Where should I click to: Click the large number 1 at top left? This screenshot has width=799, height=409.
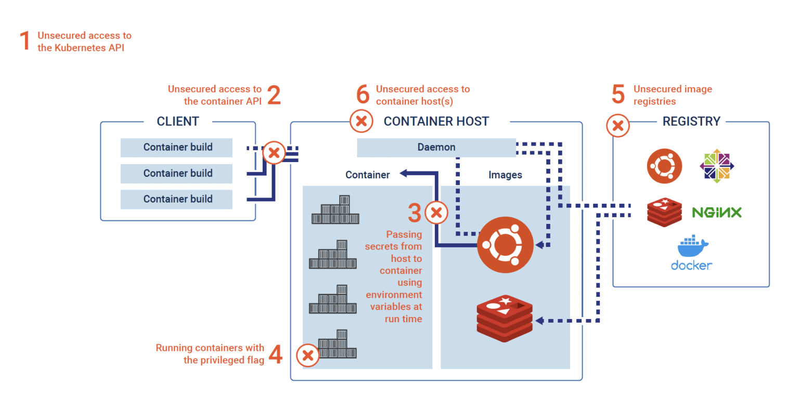pos(25,41)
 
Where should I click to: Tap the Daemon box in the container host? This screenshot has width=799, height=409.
pos(436,148)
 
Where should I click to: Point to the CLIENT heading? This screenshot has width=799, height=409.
pos(178,122)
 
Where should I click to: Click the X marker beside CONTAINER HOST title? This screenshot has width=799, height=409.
pos(361,121)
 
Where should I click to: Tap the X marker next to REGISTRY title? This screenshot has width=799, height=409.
pos(618,126)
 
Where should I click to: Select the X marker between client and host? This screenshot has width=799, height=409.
pos(274,153)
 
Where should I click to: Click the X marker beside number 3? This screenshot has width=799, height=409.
pos(436,212)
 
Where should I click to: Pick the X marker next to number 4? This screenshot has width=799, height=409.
pos(307,355)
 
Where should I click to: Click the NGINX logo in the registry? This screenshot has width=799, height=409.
pos(716,212)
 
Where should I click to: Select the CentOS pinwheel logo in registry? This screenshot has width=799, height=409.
pos(717,166)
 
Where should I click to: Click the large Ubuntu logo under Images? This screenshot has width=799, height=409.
pos(505,245)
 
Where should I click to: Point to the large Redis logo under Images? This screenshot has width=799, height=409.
pos(505,318)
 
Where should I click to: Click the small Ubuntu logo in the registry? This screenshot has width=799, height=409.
pos(664,166)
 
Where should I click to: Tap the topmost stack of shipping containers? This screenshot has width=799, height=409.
pos(336,210)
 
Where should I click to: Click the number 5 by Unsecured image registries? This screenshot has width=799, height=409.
pos(618,95)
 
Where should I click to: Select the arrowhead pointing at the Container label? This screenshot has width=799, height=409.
pos(403,174)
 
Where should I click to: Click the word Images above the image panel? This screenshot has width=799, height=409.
pos(505,175)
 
